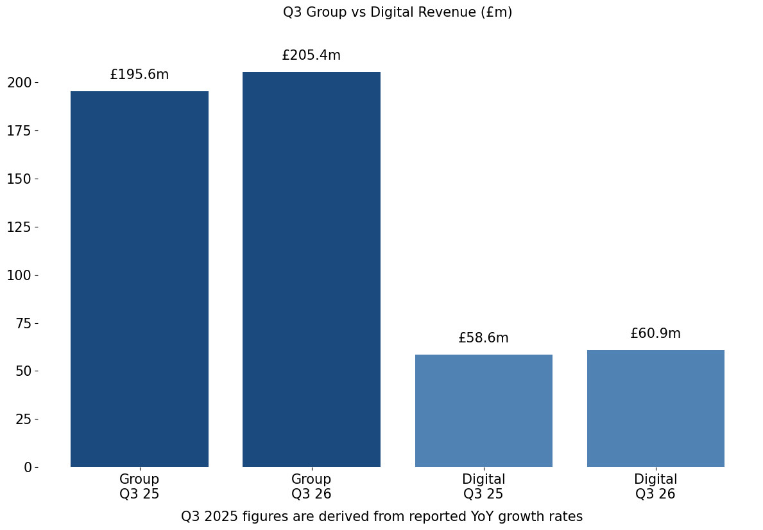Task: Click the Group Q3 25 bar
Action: click(x=139, y=279)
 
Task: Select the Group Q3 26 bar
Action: click(x=311, y=269)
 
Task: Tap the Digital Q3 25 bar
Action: click(x=483, y=411)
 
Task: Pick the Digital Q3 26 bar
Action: click(x=655, y=408)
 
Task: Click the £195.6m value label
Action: click(x=139, y=75)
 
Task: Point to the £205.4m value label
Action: click(x=311, y=55)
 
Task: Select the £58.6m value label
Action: click(x=483, y=338)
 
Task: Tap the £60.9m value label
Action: click(x=655, y=333)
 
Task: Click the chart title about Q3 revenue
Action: click(x=397, y=12)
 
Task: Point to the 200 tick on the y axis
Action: click(x=19, y=82)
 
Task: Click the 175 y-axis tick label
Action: click(x=19, y=130)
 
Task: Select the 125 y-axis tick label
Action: click(x=19, y=227)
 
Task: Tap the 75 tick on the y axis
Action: click(x=23, y=323)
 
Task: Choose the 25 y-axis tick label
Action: click(x=23, y=419)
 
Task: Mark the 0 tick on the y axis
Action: click(x=28, y=467)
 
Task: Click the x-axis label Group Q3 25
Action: click(x=139, y=486)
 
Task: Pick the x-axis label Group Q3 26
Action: click(x=311, y=486)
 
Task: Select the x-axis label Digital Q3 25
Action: click(x=483, y=486)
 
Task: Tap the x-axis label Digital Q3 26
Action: click(x=655, y=486)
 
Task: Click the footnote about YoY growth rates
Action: click(x=382, y=517)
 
